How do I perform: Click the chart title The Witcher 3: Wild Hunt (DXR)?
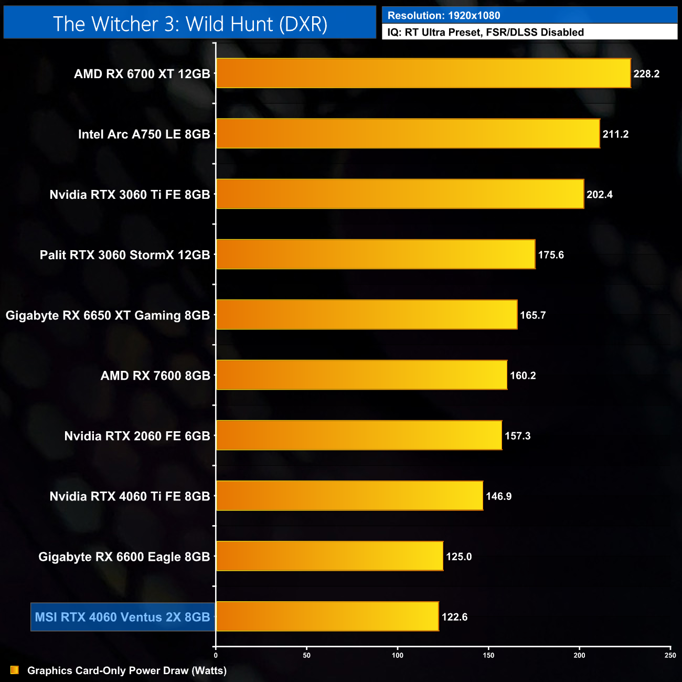[x=190, y=24]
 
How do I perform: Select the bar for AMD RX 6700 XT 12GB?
[x=423, y=73]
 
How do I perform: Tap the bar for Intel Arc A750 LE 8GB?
[x=408, y=134]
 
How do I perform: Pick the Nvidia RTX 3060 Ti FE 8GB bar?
[x=400, y=194]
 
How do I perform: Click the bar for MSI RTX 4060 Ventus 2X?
[x=327, y=616]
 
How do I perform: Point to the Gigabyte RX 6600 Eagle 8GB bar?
[x=329, y=556]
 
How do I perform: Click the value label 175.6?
[x=551, y=255]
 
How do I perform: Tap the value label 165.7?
[x=533, y=315]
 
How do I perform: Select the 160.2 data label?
[x=523, y=376]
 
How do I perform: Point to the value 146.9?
[x=498, y=496]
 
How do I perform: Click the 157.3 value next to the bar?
[x=518, y=436]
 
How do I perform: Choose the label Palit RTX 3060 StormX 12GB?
[x=125, y=255]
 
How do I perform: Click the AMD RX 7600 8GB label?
[x=155, y=376]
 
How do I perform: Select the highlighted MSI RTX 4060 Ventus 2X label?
[x=122, y=617]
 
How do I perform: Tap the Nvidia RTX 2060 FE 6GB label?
[x=137, y=436]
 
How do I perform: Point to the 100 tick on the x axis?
[x=398, y=655]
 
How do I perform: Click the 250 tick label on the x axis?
[x=670, y=655]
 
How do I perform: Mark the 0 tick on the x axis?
[x=216, y=655]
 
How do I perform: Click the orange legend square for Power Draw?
[x=15, y=670]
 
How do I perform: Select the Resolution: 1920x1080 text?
[x=444, y=16]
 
